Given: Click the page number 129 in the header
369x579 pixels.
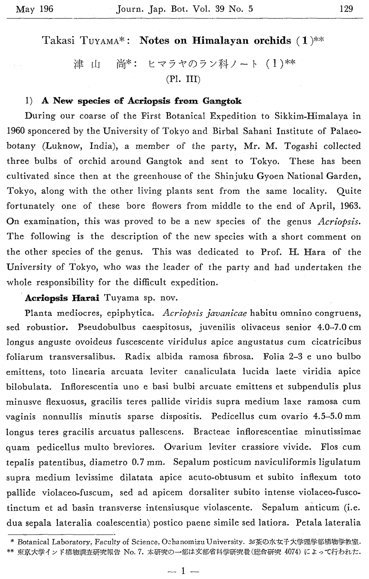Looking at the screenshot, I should coord(346,9).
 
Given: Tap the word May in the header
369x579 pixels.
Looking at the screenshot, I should coord(25,9).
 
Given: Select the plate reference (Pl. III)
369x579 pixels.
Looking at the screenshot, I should coord(183,79).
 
